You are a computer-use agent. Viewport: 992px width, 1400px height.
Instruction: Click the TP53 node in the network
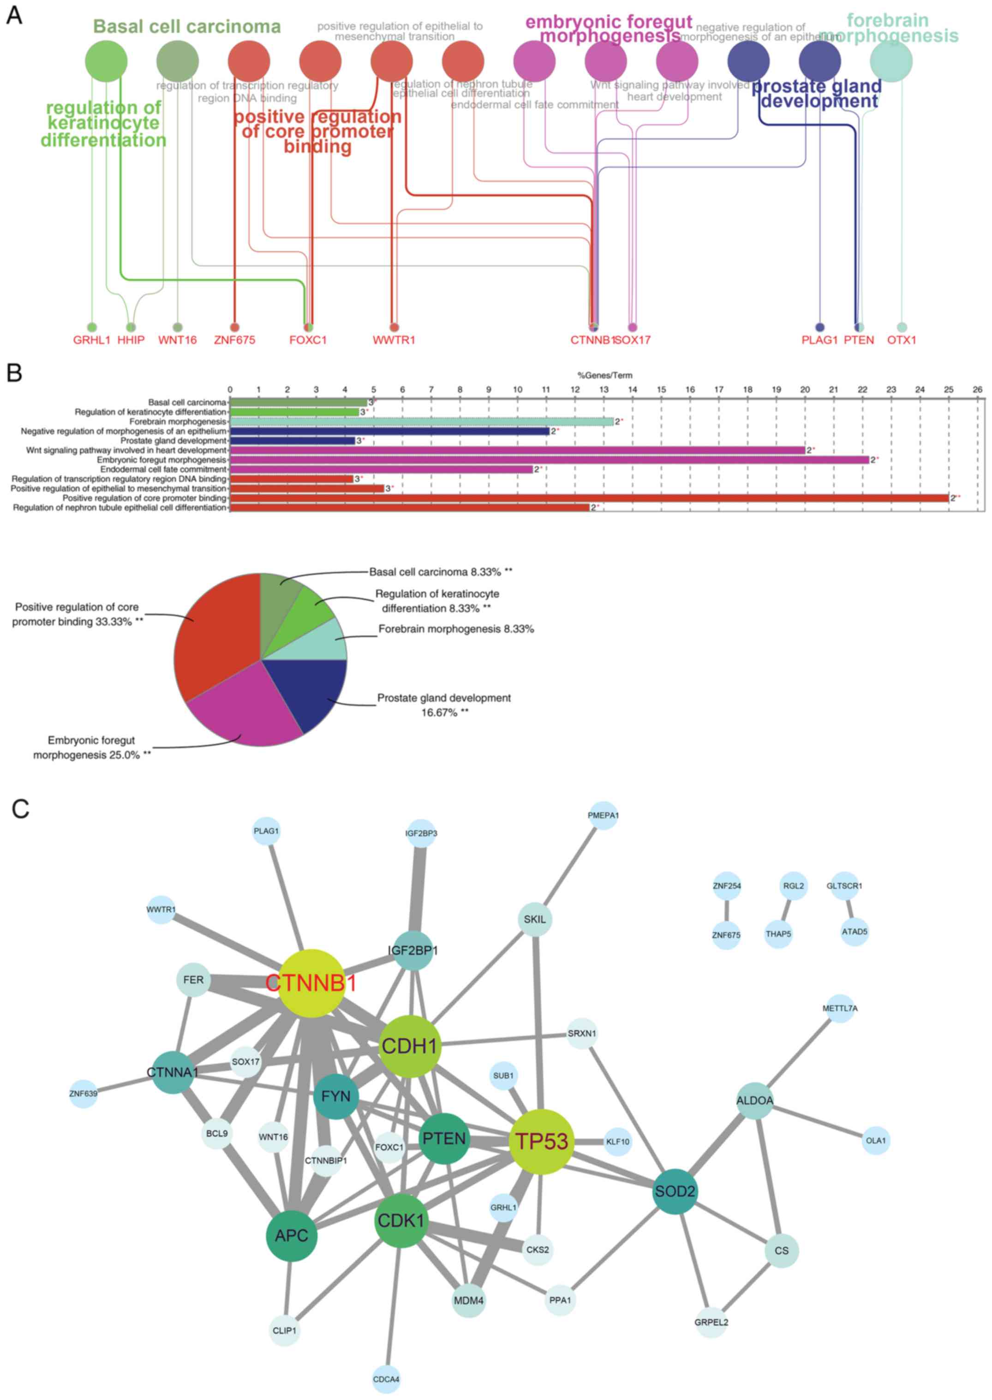click(x=541, y=1141)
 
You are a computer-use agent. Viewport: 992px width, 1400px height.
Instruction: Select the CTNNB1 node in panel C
click(x=311, y=983)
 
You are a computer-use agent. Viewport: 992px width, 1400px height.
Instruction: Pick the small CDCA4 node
click(x=386, y=1379)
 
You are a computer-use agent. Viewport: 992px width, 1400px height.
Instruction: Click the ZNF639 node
click(x=83, y=1093)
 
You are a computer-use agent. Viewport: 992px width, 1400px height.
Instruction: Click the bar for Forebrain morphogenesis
click(x=421, y=421)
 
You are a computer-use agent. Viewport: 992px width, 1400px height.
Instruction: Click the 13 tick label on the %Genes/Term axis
click(x=604, y=389)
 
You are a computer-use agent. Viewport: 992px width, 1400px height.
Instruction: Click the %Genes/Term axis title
click(x=605, y=375)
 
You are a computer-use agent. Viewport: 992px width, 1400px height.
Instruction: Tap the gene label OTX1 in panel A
click(x=902, y=340)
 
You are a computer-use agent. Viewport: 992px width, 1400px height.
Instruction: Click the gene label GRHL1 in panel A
click(x=92, y=340)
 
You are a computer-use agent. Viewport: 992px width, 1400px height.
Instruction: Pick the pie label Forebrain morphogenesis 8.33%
click(x=456, y=628)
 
